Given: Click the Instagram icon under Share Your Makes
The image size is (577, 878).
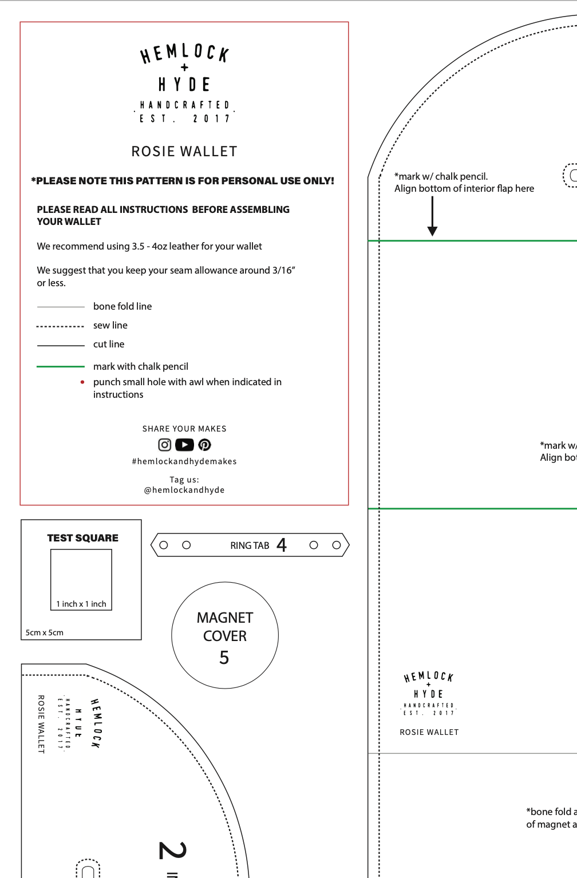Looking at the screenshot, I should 164,445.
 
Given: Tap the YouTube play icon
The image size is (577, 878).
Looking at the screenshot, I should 184,445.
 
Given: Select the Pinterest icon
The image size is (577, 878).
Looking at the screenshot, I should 204,445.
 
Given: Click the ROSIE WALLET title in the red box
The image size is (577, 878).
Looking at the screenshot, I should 184,152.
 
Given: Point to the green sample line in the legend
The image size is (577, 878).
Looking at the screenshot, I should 61,366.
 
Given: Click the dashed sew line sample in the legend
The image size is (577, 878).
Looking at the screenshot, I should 61,326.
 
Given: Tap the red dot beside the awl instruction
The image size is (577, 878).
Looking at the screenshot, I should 82,382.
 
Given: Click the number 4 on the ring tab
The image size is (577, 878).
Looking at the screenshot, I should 281,545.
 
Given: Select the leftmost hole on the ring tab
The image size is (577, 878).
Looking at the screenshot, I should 164,545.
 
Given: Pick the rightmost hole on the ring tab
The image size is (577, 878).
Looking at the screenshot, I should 337,545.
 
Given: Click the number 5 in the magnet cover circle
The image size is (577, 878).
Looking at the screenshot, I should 224,658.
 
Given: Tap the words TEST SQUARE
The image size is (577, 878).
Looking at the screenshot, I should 83,538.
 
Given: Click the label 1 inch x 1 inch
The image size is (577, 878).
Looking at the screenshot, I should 81,604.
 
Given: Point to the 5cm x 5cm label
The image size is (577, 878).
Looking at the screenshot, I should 45,632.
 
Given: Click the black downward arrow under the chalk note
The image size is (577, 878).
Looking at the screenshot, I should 433,217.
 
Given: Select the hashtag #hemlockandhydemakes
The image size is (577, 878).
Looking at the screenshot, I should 184,461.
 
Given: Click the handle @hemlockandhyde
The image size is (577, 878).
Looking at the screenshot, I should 184,490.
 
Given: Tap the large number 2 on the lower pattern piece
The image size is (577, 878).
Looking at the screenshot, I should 172,850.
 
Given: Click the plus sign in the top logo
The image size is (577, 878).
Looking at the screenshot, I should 184,68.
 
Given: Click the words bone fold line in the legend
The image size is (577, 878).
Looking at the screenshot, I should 122,306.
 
